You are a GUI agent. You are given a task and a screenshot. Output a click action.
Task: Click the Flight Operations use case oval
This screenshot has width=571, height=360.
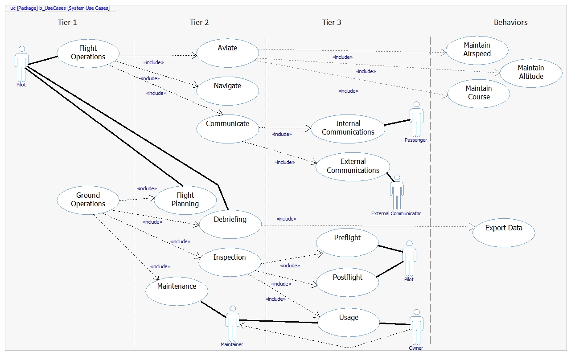coord(88,53)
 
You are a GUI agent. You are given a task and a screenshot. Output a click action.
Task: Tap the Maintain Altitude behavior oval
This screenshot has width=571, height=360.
coord(530,73)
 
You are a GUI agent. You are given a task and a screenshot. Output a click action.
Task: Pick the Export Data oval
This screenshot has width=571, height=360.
coord(504,232)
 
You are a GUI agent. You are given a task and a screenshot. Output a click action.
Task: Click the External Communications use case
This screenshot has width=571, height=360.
coord(353,166)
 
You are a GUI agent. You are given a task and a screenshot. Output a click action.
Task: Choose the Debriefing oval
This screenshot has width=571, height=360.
coord(230,223)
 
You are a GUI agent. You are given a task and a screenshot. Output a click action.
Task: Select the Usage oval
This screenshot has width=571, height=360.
coord(348,322)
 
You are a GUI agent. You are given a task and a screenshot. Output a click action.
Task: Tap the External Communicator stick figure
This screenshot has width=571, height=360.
coord(396,192)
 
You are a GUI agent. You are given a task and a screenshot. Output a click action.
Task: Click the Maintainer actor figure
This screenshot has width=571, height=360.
coord(232,324)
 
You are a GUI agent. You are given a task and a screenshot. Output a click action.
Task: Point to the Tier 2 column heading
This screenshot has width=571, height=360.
coord(199,22)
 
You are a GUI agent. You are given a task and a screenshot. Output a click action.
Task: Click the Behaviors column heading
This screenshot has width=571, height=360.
coord(510,22)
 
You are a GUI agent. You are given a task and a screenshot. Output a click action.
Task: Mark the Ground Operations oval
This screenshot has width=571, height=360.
coord(88,200)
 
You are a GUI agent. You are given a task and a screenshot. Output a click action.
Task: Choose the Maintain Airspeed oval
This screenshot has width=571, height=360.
coord(477,50)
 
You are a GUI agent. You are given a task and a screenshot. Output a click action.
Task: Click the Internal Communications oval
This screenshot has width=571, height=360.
coord(348,128)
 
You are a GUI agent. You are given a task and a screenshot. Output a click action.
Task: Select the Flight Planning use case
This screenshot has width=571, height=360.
coord(185,200)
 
